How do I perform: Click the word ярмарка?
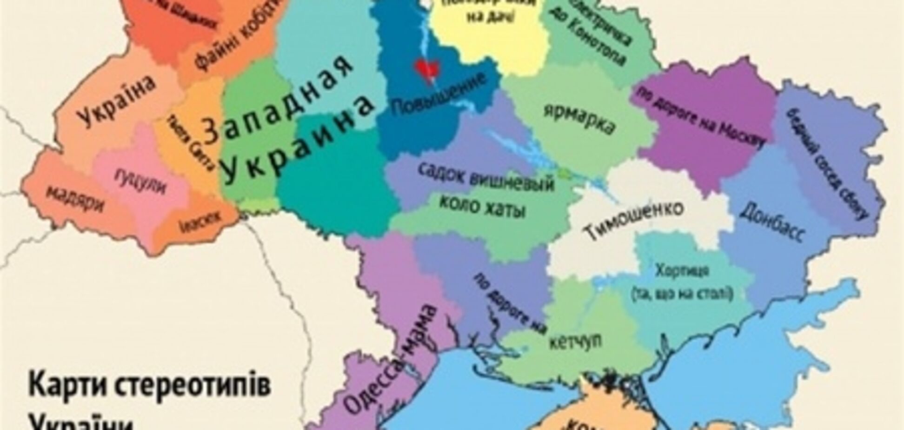pyautogui.click(x=579, y=119)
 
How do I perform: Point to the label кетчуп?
pyautogui.click(x=575, y=341)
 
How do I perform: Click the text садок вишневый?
pyautogui.click(x=486, y=177)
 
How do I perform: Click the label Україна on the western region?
pyautogui.click(x=116, y=102)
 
